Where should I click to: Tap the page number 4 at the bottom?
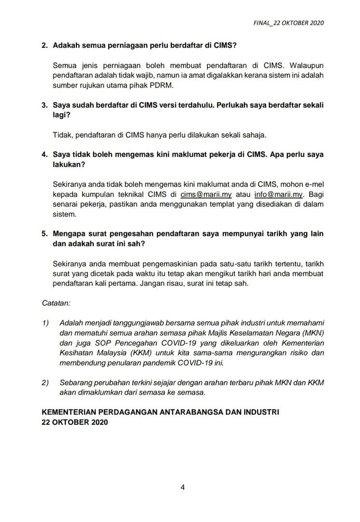pyautogui.click(x=183, y=487)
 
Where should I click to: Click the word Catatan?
pyautogui.click(x=57, y=303)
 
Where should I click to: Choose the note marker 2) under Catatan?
pyautogui.click(x=45, y=382)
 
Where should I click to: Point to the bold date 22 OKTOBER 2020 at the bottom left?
pyautogui.click(x=75, y=422)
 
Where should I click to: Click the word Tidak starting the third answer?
pyautogui.click(x=61, y=134)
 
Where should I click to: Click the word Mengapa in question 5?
pyautogui.click(x=70, y=233)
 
